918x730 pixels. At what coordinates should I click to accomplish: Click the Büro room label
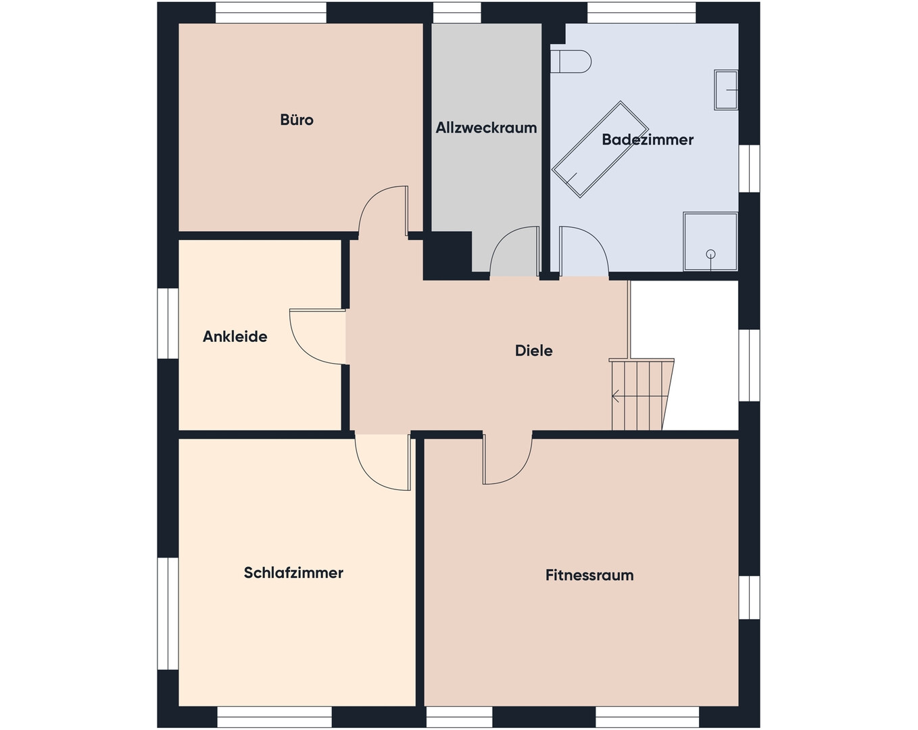click(x=297, y=120)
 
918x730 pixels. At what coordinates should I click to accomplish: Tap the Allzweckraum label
click(x=486, y=128)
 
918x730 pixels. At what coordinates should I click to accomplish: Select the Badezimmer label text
click(x=648, y=139)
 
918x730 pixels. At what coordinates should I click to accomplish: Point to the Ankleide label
click(x=235, y=337)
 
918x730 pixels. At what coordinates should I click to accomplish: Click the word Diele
click(x=533, y=351)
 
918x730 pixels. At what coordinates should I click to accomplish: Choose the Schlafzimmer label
click(x=293, y=573)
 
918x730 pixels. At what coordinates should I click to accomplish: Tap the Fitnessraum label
click(x=589, y=575)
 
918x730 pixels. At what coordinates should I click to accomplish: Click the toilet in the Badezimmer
click(x=571, y=62)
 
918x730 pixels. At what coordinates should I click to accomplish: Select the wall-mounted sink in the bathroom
click(x=726, y=90)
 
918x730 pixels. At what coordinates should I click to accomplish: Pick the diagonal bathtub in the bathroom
click(x=600, y=149)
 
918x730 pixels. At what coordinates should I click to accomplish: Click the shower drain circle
click(x=710, y=254)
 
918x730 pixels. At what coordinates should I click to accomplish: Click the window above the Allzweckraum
click(x=457, y=12)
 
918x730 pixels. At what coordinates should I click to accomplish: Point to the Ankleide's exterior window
click(x=168, y=323)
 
